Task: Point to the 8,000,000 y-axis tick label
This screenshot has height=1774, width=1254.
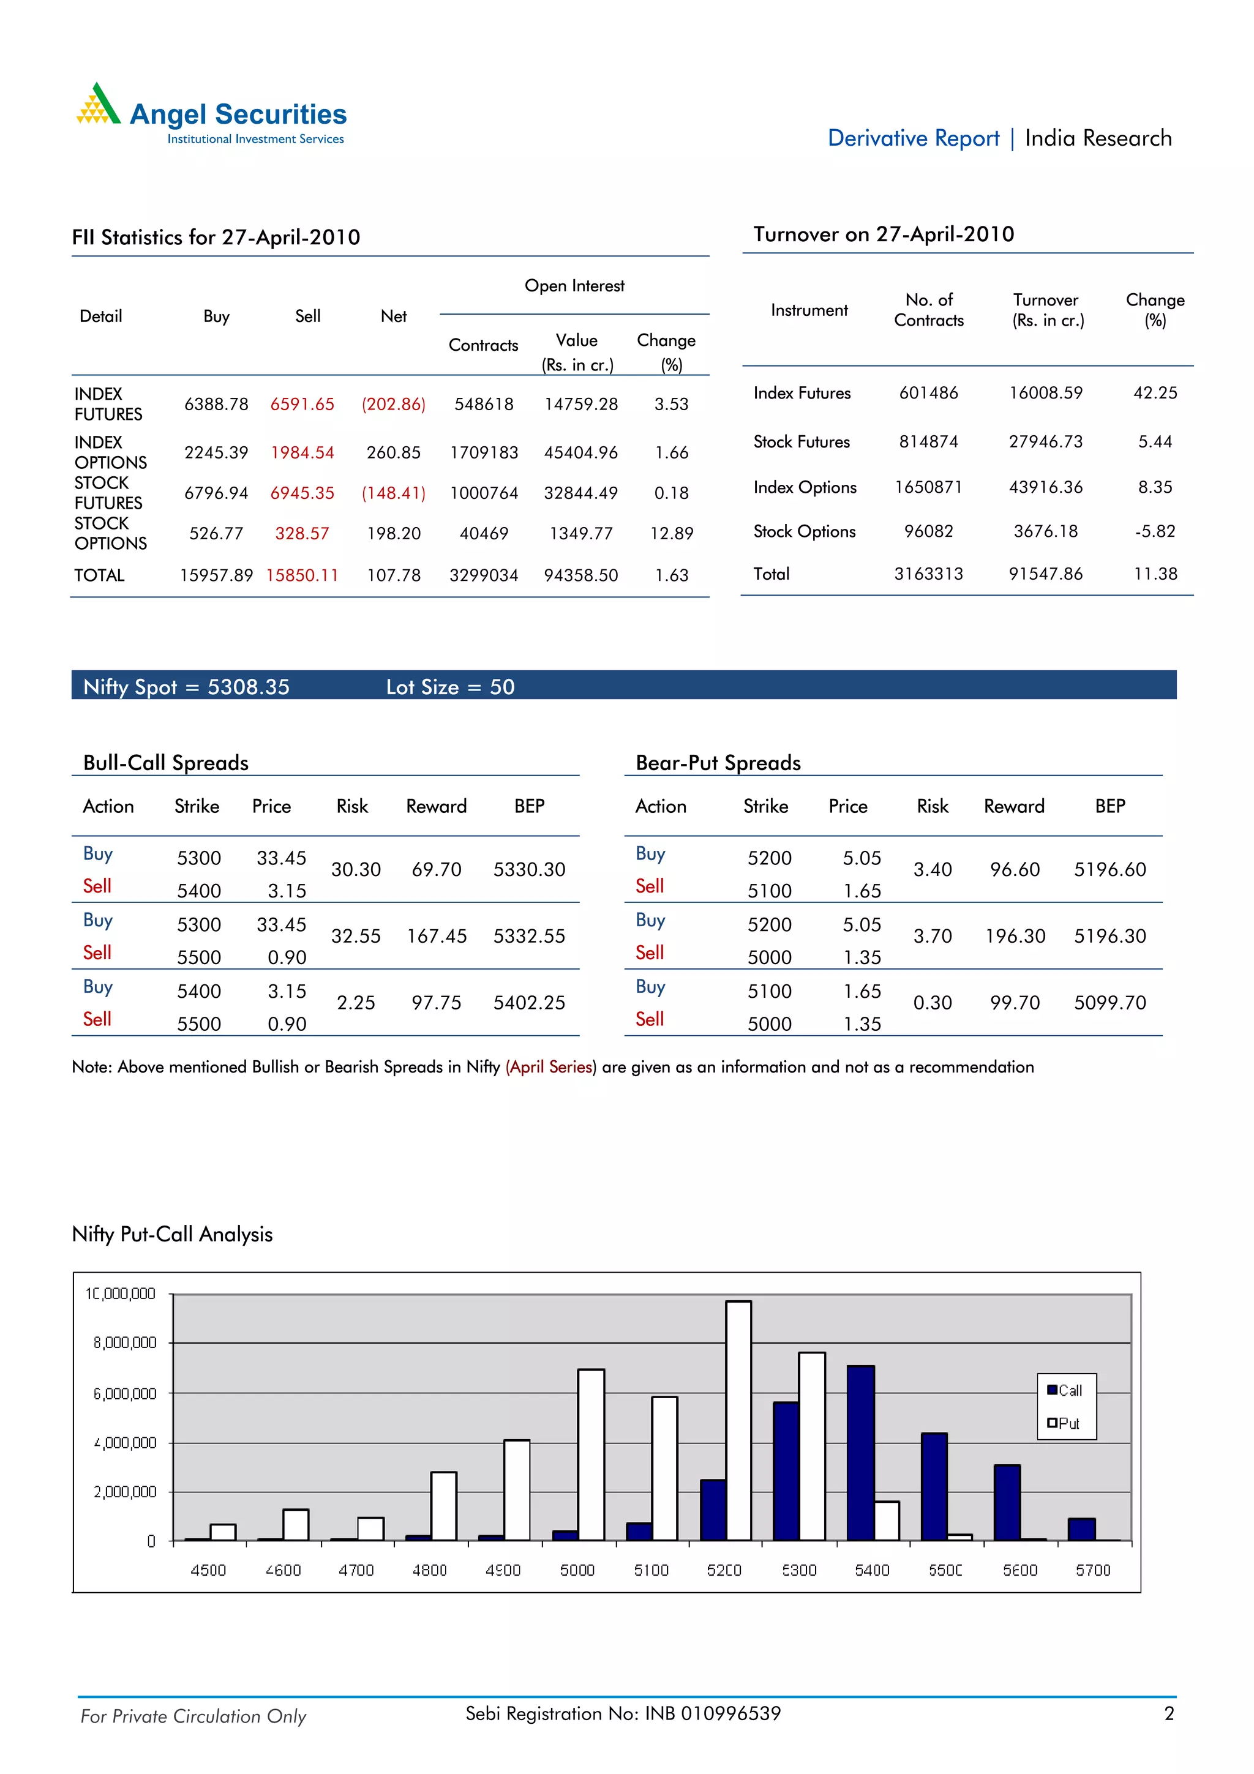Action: pos(124,1343)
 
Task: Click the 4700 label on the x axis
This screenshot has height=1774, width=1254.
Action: pos(356,1570)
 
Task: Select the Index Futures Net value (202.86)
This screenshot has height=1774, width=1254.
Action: pos(393,404)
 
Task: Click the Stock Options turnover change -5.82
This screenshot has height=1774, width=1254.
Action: pos(1154,531)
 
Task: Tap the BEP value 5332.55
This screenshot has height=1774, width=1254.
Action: pos(529,937)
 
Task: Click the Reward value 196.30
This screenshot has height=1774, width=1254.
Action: pos(1015,937)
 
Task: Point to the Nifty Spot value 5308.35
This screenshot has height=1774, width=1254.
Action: pos(248,687)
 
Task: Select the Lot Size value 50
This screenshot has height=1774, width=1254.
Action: pos(502,687)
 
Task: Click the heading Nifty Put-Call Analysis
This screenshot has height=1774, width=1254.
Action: pos(172,1234)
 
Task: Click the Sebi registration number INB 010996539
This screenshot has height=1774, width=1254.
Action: pos(712,1714)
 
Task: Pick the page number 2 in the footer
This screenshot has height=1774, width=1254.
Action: pos(1169,1714)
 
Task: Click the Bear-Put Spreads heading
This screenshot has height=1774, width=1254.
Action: pos(718,763)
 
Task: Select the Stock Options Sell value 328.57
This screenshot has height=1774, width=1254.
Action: pos(302,534)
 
